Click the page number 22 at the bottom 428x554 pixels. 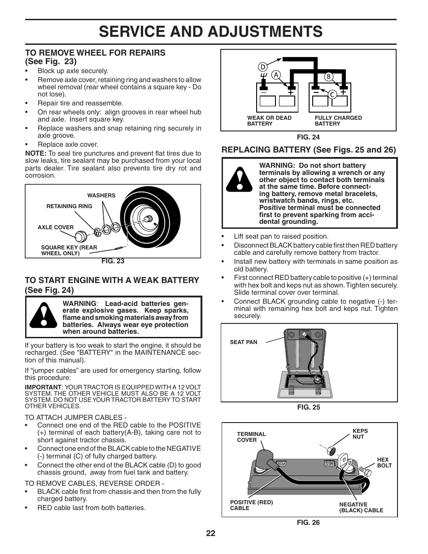211,533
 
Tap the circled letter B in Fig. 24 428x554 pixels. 328,77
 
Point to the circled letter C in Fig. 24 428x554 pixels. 332,94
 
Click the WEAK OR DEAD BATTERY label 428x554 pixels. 269,121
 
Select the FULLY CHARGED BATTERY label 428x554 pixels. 338,121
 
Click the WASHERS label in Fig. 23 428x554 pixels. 101,196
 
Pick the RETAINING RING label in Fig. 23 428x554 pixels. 69,206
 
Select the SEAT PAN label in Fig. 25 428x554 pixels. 244,342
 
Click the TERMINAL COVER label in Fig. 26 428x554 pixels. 251,437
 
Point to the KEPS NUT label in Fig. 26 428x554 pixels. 360,434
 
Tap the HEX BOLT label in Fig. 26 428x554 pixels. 384,462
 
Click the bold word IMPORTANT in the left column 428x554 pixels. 43,387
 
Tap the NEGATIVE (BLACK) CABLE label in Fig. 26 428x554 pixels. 361,507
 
